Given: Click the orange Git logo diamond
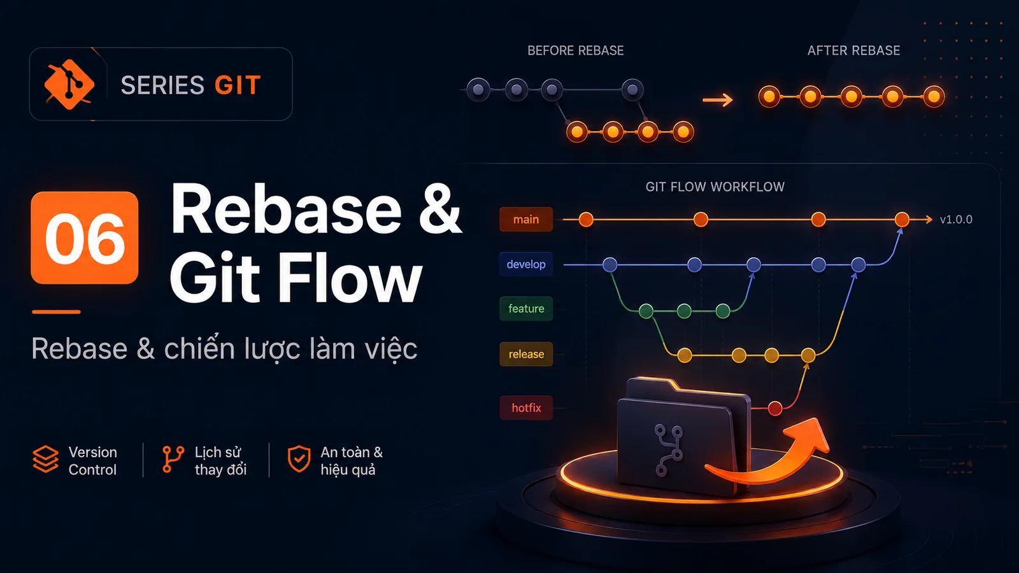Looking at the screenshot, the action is point(69,85).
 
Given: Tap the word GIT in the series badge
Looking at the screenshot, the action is point(238,85).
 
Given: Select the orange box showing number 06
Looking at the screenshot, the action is point(85,238).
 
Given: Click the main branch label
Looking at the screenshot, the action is point(526,219).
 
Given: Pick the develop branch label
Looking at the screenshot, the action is point(526,264).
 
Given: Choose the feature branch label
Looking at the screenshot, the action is point(526,309).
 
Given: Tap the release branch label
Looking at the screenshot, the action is point(526,354).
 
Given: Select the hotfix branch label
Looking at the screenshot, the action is point(526,408).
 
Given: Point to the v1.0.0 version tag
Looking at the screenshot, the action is point(956,220).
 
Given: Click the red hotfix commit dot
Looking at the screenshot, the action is point(775,408).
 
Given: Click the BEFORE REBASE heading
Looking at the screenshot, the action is point(576,50).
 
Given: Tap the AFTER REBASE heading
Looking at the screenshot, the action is point(853,50).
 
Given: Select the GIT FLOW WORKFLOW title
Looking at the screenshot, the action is point(715,187).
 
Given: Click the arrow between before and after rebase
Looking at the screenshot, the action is point(718,99).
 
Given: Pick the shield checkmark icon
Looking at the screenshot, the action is point(299,459).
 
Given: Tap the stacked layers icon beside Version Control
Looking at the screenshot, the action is point(45,459).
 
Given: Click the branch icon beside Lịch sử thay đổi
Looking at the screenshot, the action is point(173,459).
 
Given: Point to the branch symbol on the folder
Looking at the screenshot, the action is point(668,451).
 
